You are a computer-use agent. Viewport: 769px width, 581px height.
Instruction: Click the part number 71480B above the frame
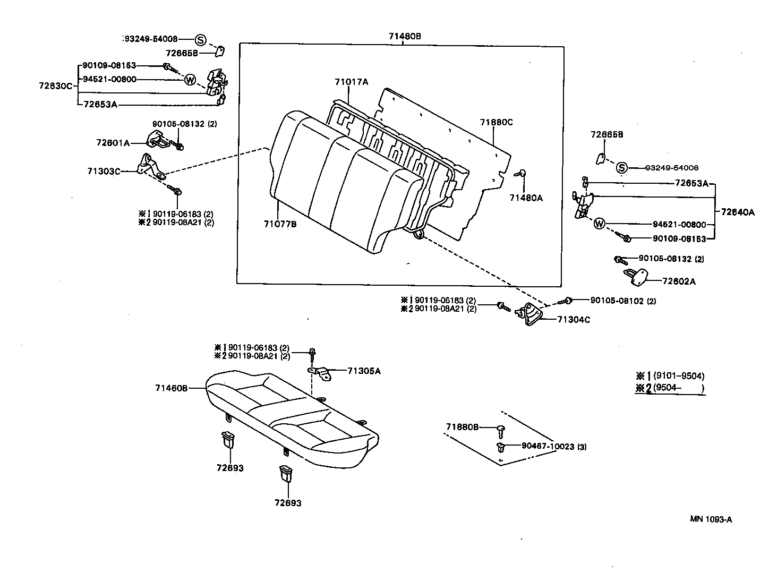(x=404, y=36)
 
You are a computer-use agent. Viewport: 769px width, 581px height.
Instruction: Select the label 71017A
(x=351, y=82)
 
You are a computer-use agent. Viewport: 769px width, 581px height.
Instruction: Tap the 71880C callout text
(x=497, y=122)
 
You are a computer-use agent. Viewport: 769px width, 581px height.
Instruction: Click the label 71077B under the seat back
(x=280, y=224)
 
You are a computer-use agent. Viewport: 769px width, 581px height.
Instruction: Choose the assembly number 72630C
(x=55, y=86)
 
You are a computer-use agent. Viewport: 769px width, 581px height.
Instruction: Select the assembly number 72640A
(x=738, y=212)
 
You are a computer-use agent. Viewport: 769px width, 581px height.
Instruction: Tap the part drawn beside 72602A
(x=637, y=276)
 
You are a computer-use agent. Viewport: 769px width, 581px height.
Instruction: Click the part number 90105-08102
(x=617, y=301)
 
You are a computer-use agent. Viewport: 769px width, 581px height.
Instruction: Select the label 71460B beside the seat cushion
(x=171, y=388)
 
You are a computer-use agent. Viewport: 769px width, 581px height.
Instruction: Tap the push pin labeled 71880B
(x=500, y=428)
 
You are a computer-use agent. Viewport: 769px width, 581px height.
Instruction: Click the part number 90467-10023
(x=548, y=447)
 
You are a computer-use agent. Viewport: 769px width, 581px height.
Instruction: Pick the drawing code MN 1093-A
(x=711, y=519)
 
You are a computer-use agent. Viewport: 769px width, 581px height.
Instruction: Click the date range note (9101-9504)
(x=678, y=376)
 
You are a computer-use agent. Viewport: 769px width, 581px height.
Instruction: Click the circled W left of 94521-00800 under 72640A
(x=599, y=224)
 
